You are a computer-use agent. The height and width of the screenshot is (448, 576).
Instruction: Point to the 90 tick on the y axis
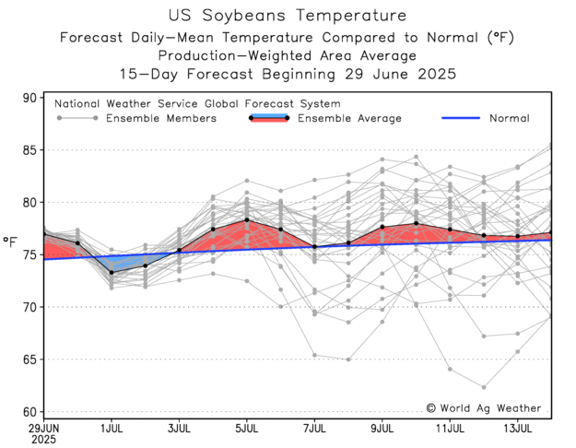[29, 98]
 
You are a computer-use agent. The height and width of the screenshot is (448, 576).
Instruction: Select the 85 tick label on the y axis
[29, 150]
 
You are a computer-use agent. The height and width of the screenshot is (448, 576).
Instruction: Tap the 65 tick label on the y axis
[29, 360]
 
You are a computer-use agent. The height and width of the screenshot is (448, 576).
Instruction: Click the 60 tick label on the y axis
[29, 412]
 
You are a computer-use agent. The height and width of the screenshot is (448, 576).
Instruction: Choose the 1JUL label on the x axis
[112, 428]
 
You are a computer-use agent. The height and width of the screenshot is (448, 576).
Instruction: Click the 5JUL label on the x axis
[247, 428]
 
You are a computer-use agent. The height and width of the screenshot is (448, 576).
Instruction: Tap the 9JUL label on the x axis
[382, 428]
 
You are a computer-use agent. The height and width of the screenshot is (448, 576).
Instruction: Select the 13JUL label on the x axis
[517, 428]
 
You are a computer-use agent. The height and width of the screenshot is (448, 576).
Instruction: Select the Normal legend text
[509, 118]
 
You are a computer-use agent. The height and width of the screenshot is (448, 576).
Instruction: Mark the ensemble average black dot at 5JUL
[247, 220]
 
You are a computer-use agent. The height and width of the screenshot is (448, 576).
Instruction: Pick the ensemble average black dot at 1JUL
[112, 272]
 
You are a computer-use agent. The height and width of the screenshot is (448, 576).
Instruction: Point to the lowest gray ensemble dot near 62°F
[483, 387]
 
